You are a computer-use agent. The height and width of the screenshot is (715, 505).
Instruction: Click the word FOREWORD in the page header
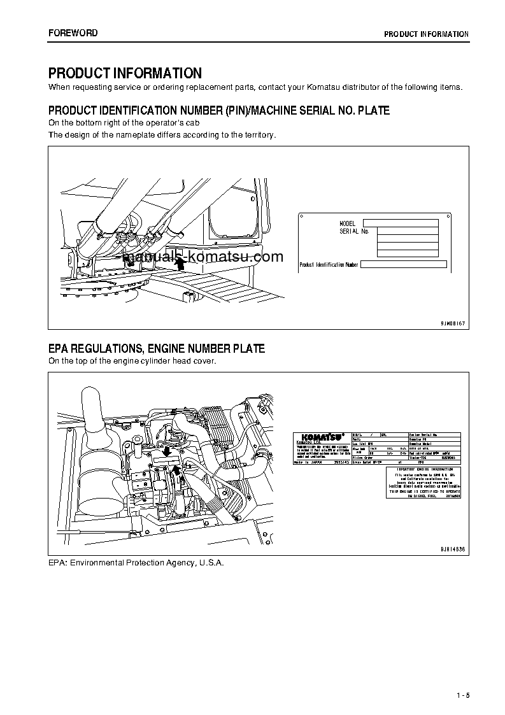click(x=73, y=33)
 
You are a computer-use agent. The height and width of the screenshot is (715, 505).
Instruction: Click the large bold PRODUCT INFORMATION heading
click(x=125, y=73)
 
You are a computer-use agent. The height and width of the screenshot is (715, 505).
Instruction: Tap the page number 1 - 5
click(x=462, y=695)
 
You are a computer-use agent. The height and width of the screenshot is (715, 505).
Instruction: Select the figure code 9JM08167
click(x=453, y=324)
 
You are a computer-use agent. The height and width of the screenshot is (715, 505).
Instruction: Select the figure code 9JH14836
click(x=453, y=548)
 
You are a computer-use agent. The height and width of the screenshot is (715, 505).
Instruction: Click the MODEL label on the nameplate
click(x=347, y=224)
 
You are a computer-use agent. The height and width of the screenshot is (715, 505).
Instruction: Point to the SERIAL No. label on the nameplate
click(x=354, y=232)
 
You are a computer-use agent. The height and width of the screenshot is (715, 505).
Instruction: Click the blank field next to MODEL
click(x=401, y=223)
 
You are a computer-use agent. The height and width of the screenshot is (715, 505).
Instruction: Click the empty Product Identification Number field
click(x=403, y=264)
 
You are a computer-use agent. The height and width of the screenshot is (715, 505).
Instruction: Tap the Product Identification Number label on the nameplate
click(x=329, y=264)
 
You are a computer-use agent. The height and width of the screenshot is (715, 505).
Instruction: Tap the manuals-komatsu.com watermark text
click(x=204, y=257)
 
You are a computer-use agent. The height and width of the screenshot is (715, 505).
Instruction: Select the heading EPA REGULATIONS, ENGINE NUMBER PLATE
click(x=157, y=348)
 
